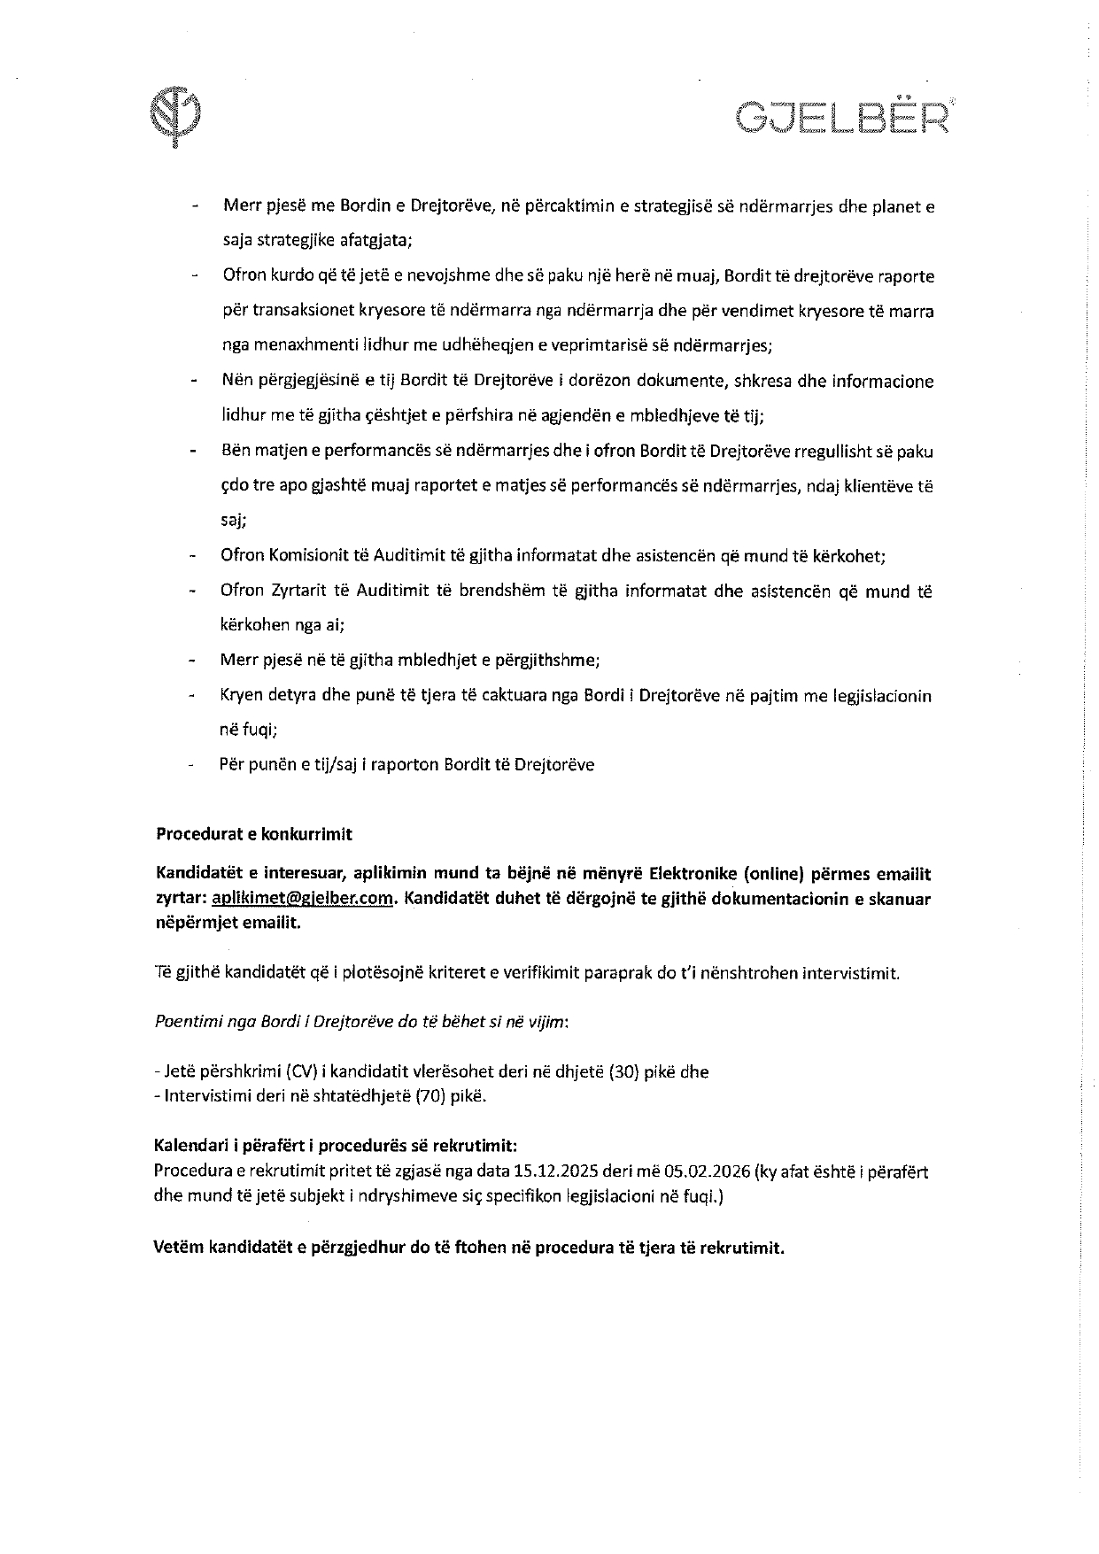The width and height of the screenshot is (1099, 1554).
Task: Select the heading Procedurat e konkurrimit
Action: coord(254,834)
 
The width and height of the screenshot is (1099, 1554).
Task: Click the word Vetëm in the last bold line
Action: coord(179,1248)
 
